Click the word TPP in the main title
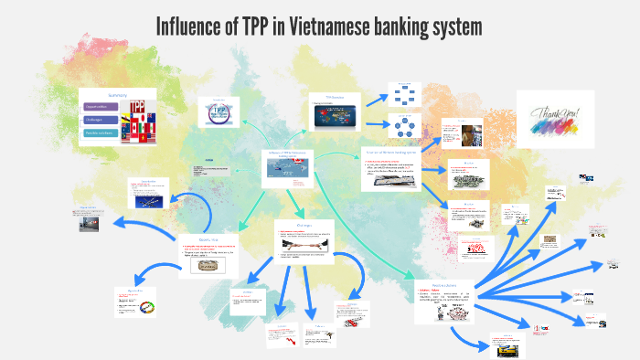(x=262, y=26)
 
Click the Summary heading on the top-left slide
(x=117, y=96)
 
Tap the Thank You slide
(x=554, y=119)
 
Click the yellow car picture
(x=507, y=346)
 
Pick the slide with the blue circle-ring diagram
(x=402, y=126)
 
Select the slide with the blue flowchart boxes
(x=402, y=94)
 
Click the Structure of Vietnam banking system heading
(x=397, y=152)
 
